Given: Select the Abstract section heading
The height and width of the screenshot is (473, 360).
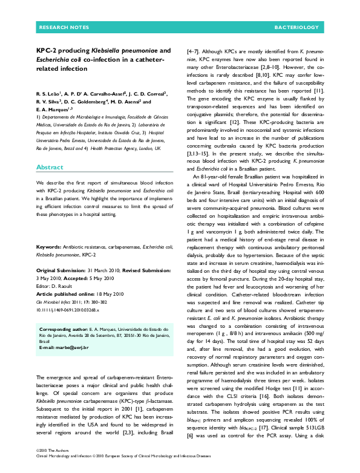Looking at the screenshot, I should click(x=50, y=167).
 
